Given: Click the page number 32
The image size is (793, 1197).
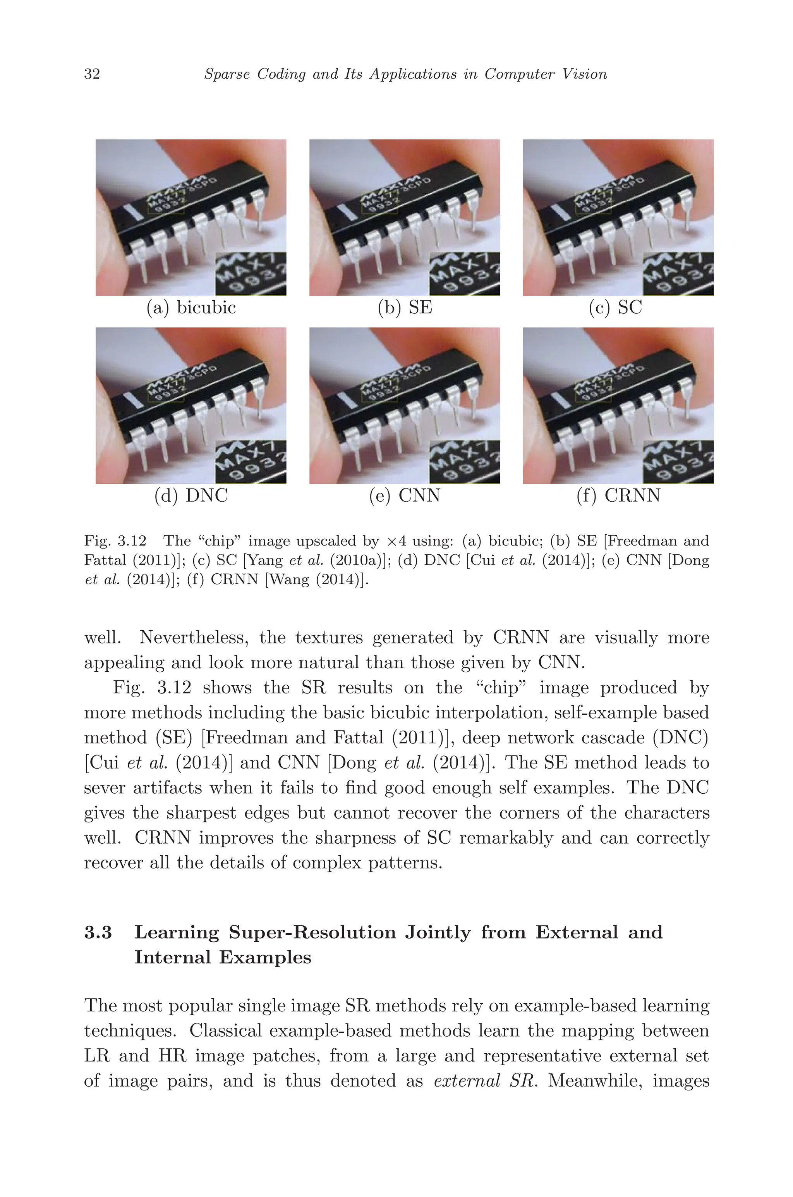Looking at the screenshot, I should coord(92,74).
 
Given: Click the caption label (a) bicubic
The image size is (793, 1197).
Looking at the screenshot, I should coord(191,307).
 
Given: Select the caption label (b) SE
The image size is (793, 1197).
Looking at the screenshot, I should coord(405,307).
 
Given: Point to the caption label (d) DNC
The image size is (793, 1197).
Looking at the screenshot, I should coord(191,495).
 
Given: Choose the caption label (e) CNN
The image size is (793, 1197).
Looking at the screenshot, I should coord(405,495).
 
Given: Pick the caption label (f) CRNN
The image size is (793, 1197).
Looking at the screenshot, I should coord(618,495).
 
